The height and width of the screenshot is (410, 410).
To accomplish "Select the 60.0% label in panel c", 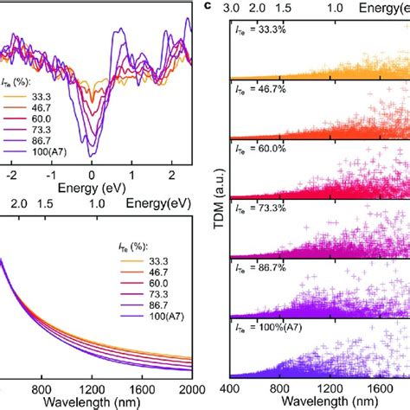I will pyautogui.click(x=260, y=149).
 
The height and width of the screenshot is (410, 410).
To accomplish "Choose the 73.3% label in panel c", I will pyautogui.click(x=260, y=208).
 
